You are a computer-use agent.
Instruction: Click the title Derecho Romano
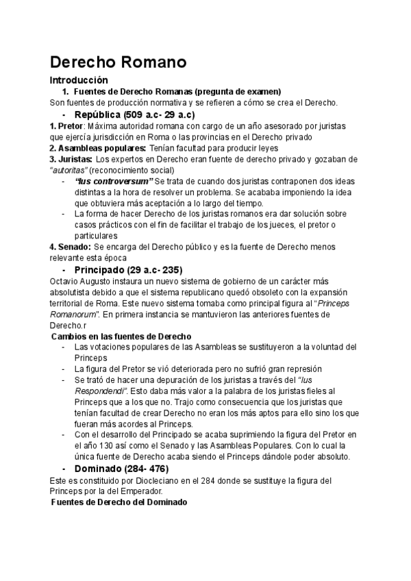coord(119,62)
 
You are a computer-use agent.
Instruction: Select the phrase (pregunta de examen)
coord(238,92)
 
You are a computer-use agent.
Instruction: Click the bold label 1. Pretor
coord(66,126)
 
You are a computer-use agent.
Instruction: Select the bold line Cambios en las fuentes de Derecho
coord(121,336)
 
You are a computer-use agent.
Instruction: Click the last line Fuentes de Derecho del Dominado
coord(119,502)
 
